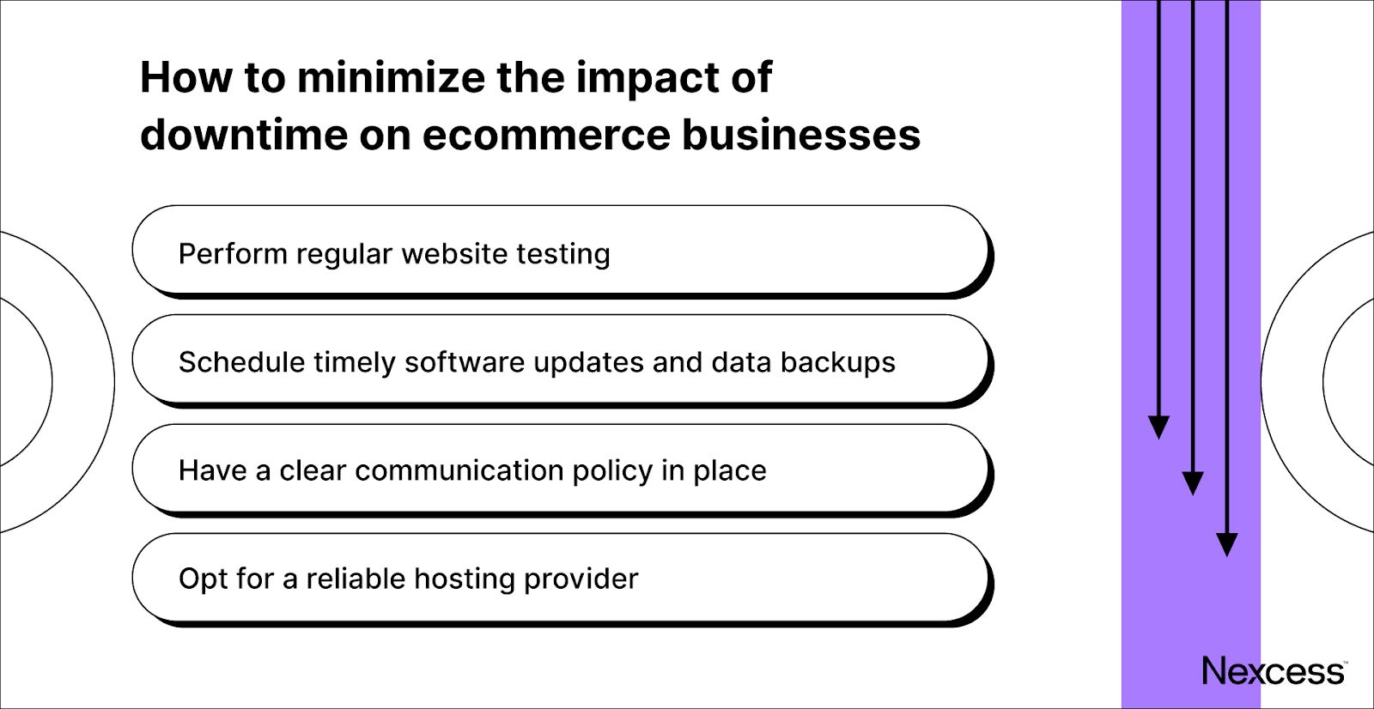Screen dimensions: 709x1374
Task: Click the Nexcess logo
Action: point(1274,671)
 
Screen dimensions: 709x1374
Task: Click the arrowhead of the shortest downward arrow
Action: point(1159,427)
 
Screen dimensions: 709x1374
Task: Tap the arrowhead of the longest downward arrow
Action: point(1227,544)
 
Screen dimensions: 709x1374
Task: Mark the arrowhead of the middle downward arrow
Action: point(1193,483)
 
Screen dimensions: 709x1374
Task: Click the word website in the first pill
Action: point(454,254)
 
